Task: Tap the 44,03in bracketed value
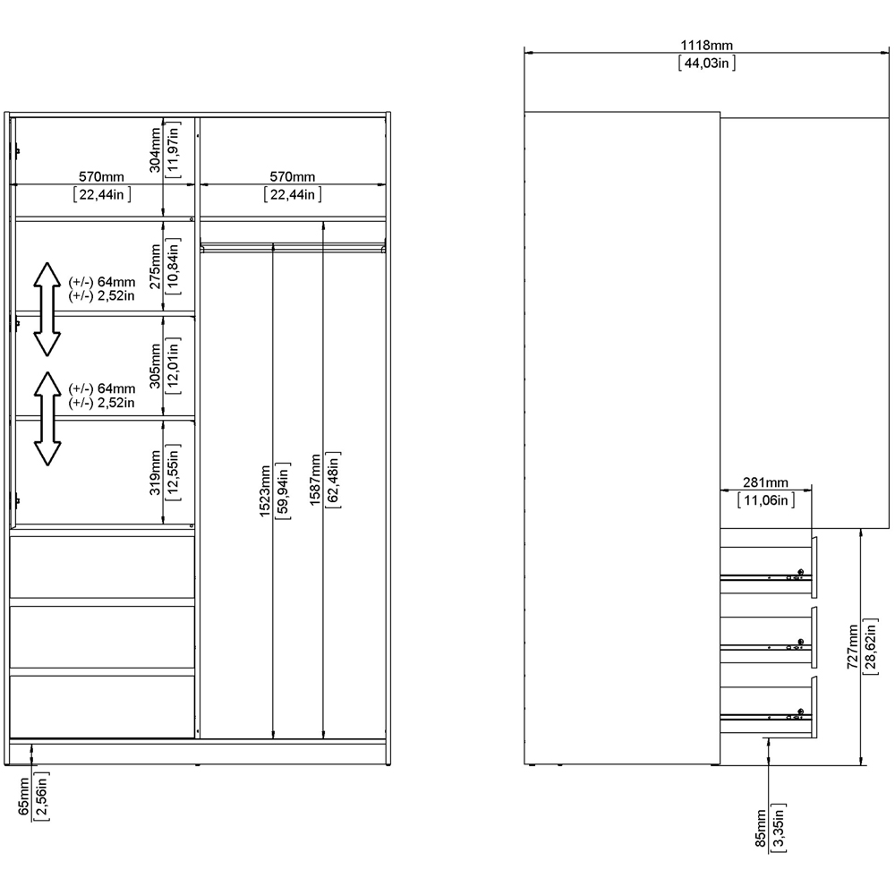707,63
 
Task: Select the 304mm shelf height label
156,150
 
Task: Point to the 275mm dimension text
156,265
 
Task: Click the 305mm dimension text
156,367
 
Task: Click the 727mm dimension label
853,647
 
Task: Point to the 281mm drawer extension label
765,484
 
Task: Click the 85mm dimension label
760,829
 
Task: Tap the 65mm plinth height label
25,798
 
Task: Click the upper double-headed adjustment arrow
47,309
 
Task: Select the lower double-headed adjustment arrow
47,418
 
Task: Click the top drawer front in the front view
102,567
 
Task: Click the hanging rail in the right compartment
294,245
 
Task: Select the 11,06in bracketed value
765,500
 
